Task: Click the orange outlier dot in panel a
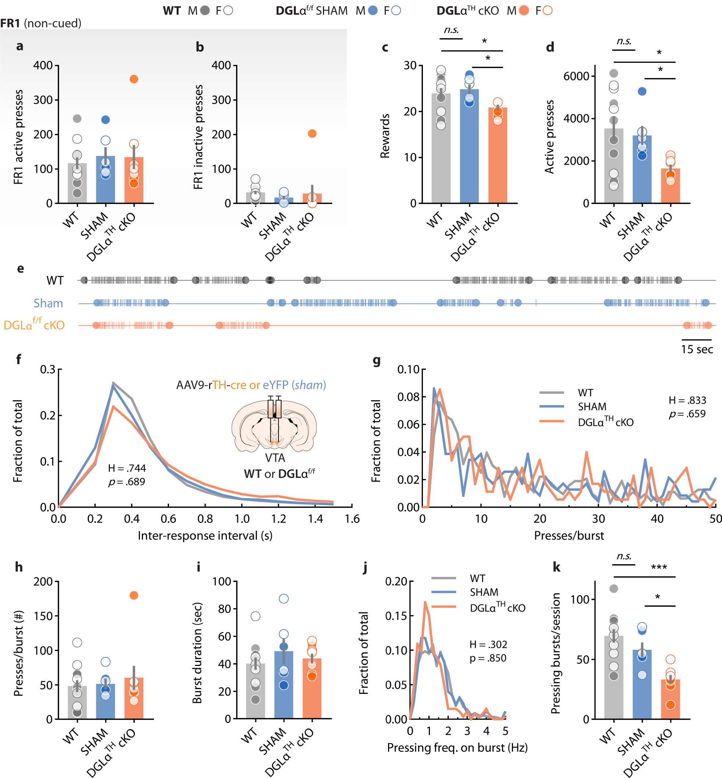(134, 79)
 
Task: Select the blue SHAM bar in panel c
(469, 156)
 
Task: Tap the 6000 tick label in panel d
(576, 76)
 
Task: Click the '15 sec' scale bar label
(697, 350)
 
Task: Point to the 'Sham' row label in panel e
(48, 303)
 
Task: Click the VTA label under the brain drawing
(275, 458)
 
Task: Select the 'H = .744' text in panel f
(127, 468)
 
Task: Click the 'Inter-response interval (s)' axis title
(205, 536)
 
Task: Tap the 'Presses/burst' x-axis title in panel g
(568, 536)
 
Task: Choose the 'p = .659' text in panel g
(687, 414)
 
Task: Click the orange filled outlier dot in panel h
(134, 595)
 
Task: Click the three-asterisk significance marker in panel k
(659, 567)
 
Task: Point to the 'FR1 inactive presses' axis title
(198, 137)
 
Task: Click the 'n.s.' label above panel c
(451, 30)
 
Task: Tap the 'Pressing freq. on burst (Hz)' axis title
(457, 748)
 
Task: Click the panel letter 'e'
(20, 269)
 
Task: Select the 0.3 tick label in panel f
(48, 370)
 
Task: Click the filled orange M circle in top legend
(524, 11)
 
